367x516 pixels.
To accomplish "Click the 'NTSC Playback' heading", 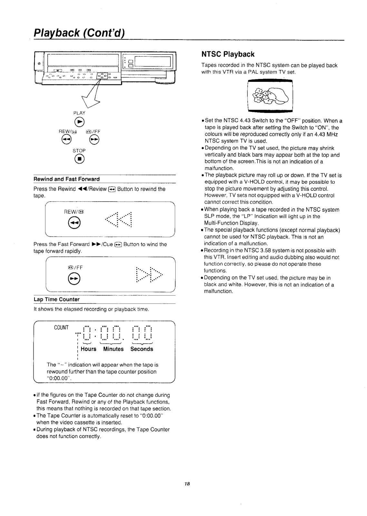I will pyautogui.click(x=228, y=54).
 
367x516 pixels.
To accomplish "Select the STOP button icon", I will pyautogui.click(x=79, y=159).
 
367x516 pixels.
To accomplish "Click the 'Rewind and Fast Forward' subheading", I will pyautogui.click(x=67, y=179).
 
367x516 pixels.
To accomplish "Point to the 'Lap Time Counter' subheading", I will pyautogui.click(x=57, y=299).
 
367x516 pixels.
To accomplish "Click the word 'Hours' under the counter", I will pyautogui.click(x=89, y=349).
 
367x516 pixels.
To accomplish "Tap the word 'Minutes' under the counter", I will pyautogui.click(x=113, y=349).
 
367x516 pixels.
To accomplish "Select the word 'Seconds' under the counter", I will pyautogui.click(x=142, y=349).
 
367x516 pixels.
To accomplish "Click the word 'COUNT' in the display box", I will pyautogui.click(x=61, y=328).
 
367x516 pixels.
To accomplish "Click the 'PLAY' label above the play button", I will pyautogui.click(x=79, y=113).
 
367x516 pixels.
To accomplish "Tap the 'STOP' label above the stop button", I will pyautogui.click(x=79, y=151).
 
